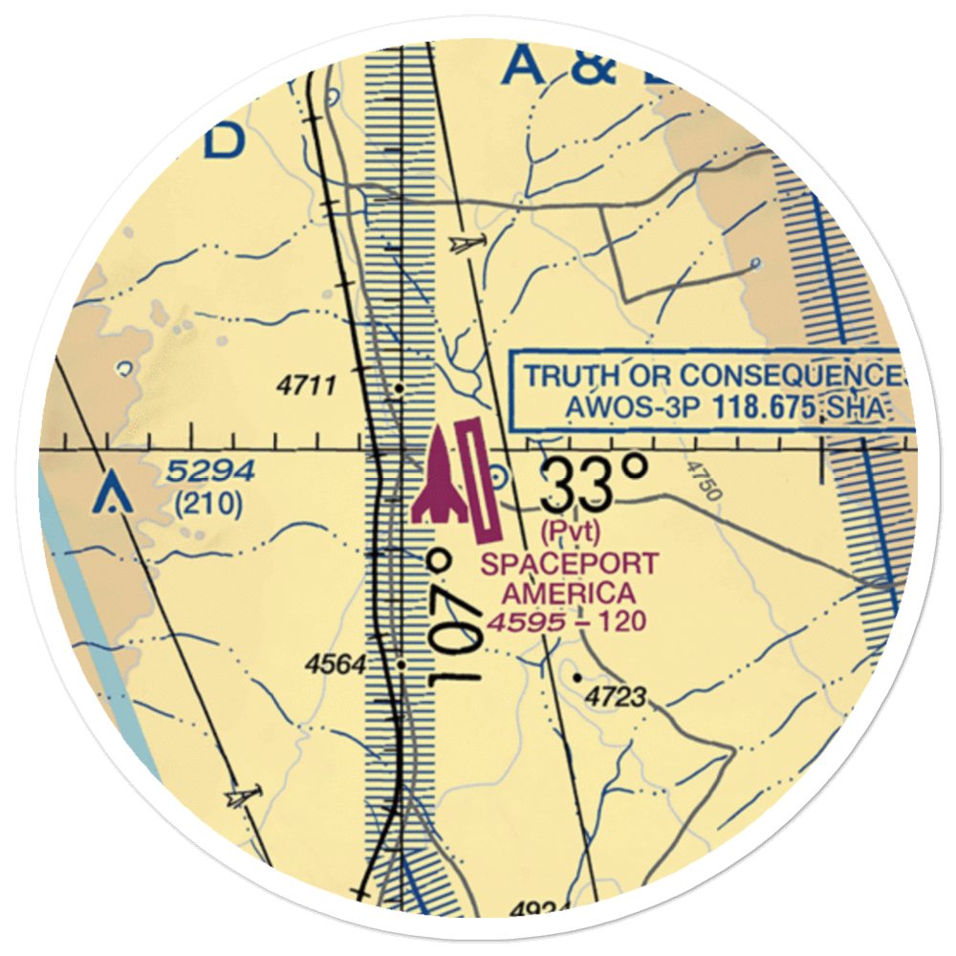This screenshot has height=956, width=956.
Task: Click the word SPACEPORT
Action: [570, 564]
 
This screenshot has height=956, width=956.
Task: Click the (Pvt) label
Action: [570, 528]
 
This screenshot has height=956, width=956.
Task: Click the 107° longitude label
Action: [455, 617]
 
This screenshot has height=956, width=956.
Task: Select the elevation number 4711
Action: [306, 386]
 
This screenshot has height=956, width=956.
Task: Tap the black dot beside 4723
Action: [577, 678]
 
